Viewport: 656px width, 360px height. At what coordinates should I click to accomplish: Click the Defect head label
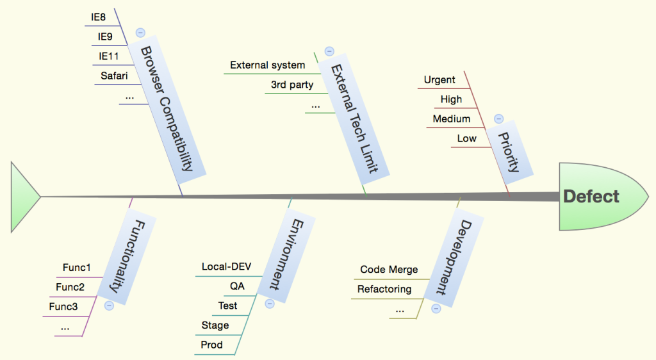591,196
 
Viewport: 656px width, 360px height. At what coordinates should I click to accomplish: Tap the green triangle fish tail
23,196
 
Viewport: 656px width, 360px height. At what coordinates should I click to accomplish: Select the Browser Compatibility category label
166,108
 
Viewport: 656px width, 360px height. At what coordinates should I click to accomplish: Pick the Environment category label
286,254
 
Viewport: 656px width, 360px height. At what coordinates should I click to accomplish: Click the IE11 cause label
108,56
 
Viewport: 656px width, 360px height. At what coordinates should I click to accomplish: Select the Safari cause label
114,76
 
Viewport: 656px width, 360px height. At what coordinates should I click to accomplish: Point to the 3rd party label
292,85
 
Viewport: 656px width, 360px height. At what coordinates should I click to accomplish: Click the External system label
267,65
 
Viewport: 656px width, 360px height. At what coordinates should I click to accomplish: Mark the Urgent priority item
439,80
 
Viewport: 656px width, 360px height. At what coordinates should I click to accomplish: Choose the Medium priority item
452,119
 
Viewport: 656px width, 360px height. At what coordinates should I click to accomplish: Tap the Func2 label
70,287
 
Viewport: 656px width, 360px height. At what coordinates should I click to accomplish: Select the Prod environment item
212,345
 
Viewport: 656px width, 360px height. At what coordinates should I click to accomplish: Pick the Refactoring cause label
384,289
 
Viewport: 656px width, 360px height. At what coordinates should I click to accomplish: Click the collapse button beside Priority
499,119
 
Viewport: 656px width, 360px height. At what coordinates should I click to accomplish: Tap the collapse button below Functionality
109,306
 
